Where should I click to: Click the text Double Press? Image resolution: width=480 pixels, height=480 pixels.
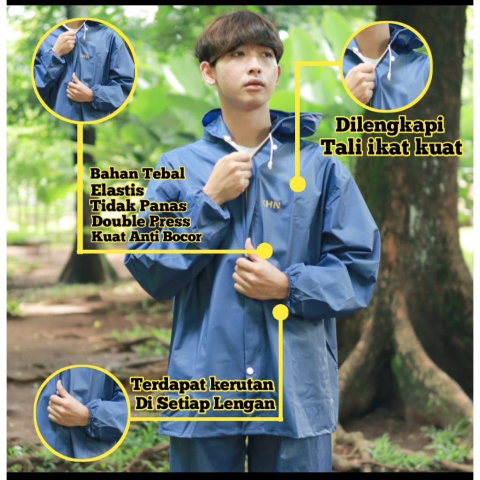(141, 221)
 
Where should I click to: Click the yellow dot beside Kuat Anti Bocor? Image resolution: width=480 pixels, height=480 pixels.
(265, 251)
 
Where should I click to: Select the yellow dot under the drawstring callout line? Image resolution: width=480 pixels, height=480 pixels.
(297, 184)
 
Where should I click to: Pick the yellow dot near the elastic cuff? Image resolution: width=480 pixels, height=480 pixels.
(280, 312)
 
